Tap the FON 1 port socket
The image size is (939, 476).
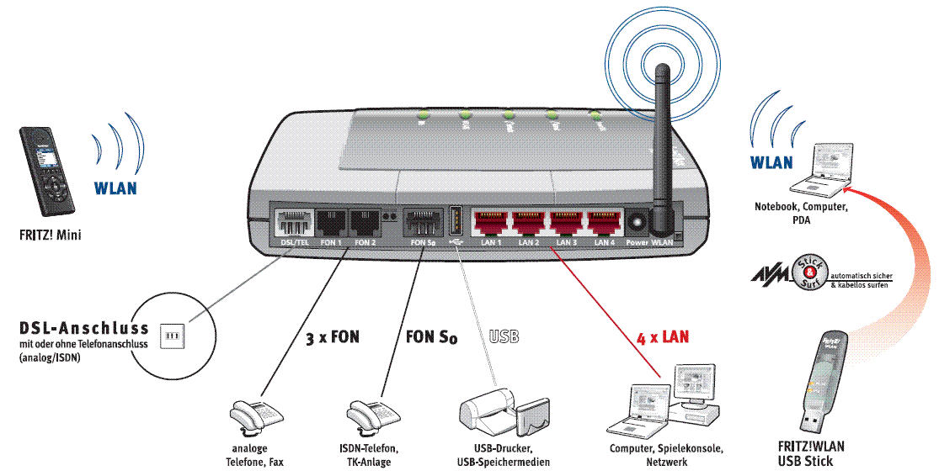(x=331, y=224)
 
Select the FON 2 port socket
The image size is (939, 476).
(x=364, y=224)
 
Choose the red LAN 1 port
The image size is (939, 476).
(x=491, y=224)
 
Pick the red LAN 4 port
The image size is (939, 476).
(x=603, y=224)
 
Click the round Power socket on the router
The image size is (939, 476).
(x=637, y=224)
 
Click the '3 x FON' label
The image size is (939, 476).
(x=332, y=338)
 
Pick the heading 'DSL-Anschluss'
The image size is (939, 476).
(x=83, y=327)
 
